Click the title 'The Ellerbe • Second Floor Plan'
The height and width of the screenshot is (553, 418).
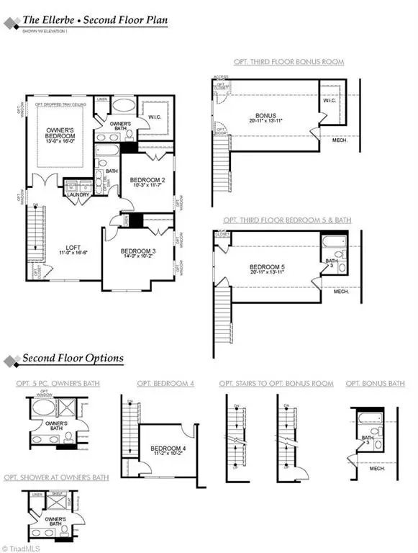[94, 20]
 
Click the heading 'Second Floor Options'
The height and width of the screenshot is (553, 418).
[72, 359]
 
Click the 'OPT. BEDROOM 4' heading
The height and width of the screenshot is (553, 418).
[165, 384]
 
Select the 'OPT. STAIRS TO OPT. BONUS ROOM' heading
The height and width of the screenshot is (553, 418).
[276, 384]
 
